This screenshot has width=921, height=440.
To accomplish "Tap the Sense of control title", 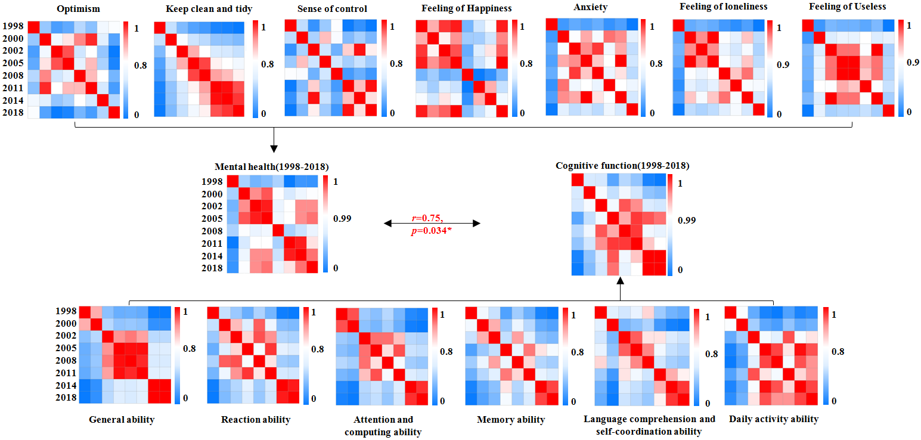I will [x=332, y=9].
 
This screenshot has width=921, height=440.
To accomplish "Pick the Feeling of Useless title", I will [x=848, y=7].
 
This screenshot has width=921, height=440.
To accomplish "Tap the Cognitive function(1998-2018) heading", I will [x=622, y=165].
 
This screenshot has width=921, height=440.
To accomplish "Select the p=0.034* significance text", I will [x=432, y=230].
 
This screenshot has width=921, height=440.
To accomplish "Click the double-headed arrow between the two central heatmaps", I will [x=432, y=224].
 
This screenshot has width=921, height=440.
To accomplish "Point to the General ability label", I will [x=122, y=420].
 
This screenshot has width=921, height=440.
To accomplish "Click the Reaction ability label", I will [x=256, y=420].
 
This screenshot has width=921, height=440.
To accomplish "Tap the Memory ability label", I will [x=511, y=420].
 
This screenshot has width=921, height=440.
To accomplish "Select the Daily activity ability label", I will [x=774, y=419].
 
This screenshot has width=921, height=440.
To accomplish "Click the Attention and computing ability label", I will [x=383, y=426].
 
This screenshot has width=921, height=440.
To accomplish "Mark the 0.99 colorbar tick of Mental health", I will [x=342, y=219].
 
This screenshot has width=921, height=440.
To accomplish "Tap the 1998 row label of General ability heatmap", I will [x=66, y=311].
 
